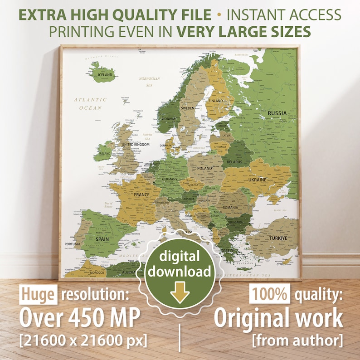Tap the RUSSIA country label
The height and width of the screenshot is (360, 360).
click(277, 112)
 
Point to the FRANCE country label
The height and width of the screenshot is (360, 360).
click(141, 195)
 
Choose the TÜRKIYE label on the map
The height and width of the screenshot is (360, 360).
click(277, 238)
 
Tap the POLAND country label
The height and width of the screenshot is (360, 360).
click(204, 168)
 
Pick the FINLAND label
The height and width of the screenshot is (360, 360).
click(216, 101)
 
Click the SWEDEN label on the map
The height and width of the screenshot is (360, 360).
click(187, 108)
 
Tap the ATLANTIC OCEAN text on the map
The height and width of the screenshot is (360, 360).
click(91, 103)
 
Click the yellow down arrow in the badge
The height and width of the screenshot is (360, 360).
click(180, 295)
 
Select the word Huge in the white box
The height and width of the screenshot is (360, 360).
click(38, 295)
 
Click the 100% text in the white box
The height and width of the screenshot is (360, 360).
click(269, 295)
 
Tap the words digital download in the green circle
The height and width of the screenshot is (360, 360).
click(180, 264)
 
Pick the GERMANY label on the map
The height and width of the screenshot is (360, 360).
click(170, 180)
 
